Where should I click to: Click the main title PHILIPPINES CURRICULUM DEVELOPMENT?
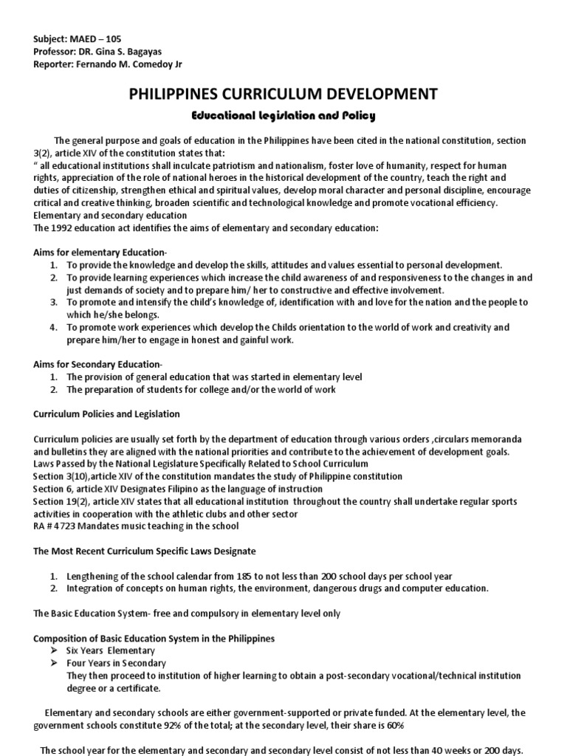(x=283, y=94)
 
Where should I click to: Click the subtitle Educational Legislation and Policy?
(x=283, y=116)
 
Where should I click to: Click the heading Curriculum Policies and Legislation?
(x=106, y=414)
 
